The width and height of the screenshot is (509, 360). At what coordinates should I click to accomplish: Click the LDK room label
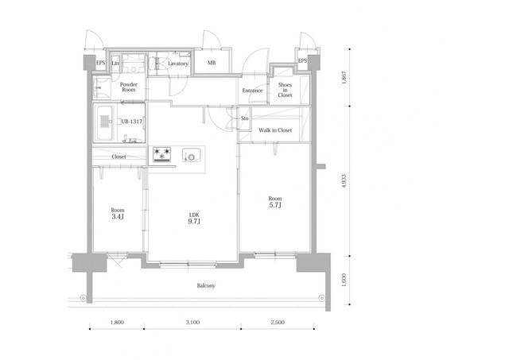tap(194, 215)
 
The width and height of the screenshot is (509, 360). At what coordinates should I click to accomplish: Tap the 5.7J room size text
tap(275, 205)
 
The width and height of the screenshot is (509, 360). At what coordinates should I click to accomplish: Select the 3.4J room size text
tap(118, 217)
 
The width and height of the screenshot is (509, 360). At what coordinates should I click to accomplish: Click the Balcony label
tap(206, 286)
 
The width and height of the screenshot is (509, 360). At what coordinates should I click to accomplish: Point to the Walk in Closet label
tap(275, 130)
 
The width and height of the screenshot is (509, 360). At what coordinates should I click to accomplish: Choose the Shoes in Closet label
tap(285, 90)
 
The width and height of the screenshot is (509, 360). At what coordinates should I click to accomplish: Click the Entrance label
tap(253, 91)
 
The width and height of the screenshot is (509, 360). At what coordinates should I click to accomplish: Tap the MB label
tap(212, 63)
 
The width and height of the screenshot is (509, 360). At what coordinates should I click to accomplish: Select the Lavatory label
tap(178, 64)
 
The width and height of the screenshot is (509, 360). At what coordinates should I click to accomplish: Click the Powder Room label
tap(129, 87)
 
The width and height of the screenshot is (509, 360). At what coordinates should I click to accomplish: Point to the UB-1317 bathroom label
tap(132, 122)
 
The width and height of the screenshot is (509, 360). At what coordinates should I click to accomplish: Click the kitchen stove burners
tap(161, 154)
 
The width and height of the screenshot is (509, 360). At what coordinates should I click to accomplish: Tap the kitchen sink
tap(191, 155)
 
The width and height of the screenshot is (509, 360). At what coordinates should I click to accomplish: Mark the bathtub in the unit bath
tap(104, 123)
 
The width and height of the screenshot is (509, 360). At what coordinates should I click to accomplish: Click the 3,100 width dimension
tap(192, 323)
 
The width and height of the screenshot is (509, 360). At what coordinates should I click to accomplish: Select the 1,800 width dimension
tap(117, 323)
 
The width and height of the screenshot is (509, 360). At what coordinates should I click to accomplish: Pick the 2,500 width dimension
tap(278, 323)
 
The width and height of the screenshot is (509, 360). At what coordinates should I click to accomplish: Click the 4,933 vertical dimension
tap(344, 181)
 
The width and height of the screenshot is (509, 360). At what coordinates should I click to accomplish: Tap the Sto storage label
tap(244, 118)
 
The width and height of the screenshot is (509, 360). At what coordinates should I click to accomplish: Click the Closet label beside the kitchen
tap(119, 157)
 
